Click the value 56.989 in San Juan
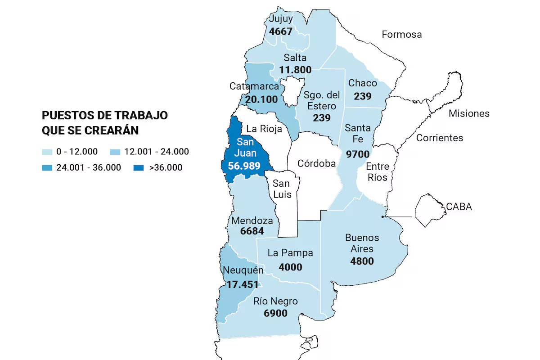244,166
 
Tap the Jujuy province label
281,19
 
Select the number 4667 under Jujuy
281,31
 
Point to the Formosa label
401,34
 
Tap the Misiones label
469,113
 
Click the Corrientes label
439,138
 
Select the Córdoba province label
317,163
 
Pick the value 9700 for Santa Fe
358,154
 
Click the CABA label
459,207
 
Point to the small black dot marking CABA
382,217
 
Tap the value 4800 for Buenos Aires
362,261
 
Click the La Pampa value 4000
290,267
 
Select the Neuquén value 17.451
243,284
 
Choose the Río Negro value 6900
275,313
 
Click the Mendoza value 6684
252,231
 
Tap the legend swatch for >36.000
139,168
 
